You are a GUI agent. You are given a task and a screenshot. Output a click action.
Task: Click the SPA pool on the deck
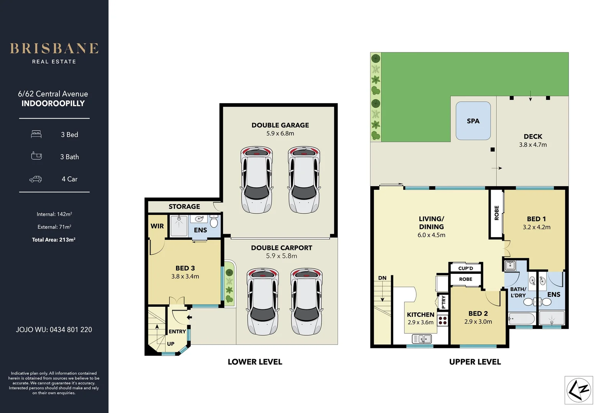(x=473, y=121)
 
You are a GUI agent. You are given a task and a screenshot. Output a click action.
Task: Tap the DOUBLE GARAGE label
(x=280, y=125)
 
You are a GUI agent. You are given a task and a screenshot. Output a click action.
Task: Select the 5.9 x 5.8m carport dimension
(x=282, y=256)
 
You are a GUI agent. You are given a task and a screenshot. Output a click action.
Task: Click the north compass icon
(x=579, y=390)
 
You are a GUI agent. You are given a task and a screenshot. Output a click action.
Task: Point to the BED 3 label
(x=185, y=268)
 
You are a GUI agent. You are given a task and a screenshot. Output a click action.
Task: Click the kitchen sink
(x=422, y=338)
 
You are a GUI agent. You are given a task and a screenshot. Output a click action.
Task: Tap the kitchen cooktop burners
(x=443, y=320)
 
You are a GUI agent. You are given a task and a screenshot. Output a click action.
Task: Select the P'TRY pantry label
(x=443, y=302)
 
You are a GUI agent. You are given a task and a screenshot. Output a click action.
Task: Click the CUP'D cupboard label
(x=465, y=268)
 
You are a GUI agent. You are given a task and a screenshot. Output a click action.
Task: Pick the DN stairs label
(x=382, y=278)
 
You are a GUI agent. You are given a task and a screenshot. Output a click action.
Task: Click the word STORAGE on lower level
(x=184, y=206)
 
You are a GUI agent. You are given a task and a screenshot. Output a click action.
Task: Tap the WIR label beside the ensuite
(x=157, y=226)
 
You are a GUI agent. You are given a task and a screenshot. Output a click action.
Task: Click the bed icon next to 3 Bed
(x=36, y=134)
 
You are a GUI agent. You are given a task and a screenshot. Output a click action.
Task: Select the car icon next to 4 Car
(x=36, y=179)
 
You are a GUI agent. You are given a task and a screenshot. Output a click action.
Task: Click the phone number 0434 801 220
(x=70, y=330)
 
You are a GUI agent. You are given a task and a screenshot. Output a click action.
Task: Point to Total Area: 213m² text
(x=54, y=240)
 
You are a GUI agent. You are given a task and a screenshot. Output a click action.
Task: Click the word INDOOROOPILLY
(x=53, y=103)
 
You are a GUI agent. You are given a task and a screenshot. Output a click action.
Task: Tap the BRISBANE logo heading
(x=54, y=49)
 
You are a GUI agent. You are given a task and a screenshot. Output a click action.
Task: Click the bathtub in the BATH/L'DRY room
(x=522, y=318)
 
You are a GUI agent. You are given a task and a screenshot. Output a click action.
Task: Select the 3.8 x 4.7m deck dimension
(x=533, y=145)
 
